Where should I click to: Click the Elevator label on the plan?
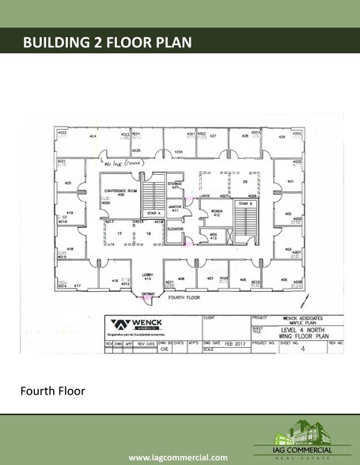tap(176, 229)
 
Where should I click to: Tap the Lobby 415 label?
tap(146, 277)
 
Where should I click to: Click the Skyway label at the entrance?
tap(147, 293)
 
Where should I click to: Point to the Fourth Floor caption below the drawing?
tap(52, 390)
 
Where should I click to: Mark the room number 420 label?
tap(68, 183)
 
